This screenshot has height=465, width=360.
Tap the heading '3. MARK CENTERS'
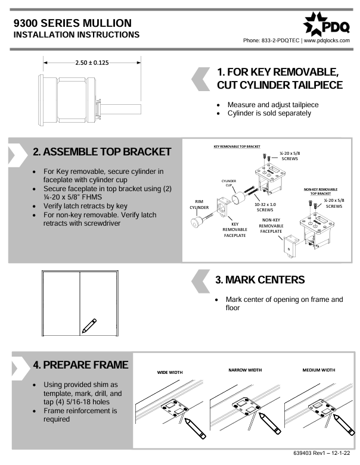(260, 280)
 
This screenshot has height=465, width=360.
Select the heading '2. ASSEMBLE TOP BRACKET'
(101, 152)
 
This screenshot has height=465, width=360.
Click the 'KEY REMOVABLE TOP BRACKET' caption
(237, 146)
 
